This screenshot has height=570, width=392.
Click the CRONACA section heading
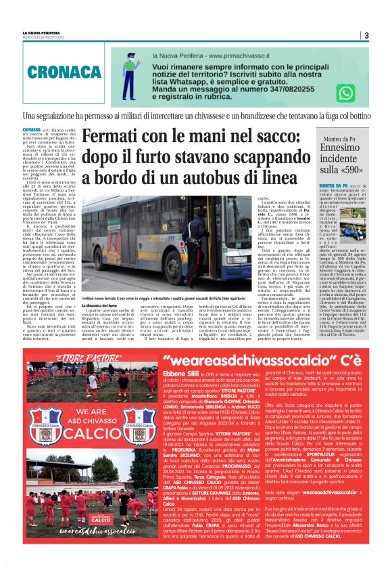pyautogui.click(x=55, y=70)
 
